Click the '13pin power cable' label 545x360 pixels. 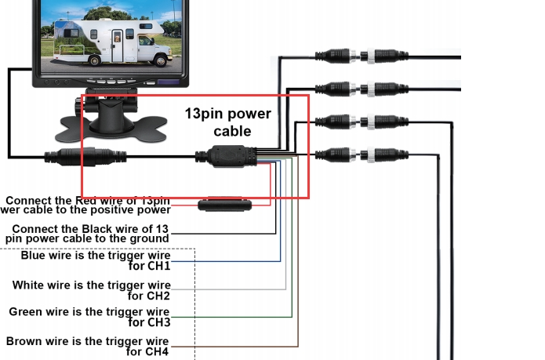point(228,122)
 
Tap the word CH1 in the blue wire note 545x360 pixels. point(158,266)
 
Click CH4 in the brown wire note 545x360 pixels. point(157,351)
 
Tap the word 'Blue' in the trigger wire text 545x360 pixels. point(33,256)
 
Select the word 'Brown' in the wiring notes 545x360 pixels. point(24,341)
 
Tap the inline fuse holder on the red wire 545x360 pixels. point(224,205)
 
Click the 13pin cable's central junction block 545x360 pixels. point(227,157)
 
